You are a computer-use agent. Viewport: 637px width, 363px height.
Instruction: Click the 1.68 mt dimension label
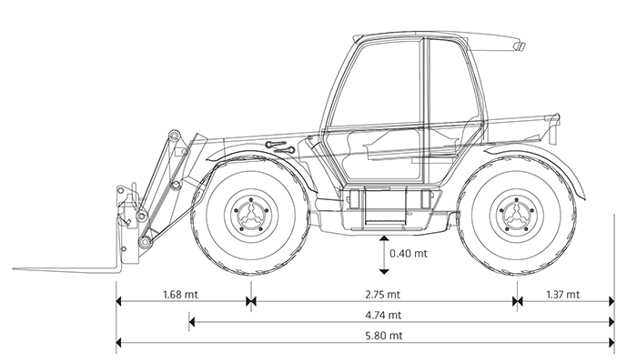pyautogui.click(x=180, y=294)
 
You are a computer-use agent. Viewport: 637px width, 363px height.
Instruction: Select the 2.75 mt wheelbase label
pyautogui.click(x=383, y=294)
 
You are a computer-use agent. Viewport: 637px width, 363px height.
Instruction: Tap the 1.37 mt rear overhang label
pyautogui.click(x=562, y=294)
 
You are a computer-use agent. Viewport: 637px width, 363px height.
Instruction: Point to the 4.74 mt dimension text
pyautogui.click(x=383, y=315)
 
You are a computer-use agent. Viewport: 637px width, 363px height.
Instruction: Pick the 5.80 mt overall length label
pyautogui.click(x=384, y=336)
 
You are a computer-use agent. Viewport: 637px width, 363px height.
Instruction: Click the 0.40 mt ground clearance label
pyautogui.click(x=409, y=253)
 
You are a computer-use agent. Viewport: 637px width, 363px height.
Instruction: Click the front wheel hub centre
pyautogui.click(x=250, y=214)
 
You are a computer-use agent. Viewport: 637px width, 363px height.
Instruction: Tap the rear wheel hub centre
pyautogui.click(x=516, y=214)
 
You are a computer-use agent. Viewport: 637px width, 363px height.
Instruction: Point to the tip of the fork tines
pyautogui.click(x=15, y=268)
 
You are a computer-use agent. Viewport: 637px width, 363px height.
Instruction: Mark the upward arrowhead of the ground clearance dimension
pyautogui.click(x=383, y=238)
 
